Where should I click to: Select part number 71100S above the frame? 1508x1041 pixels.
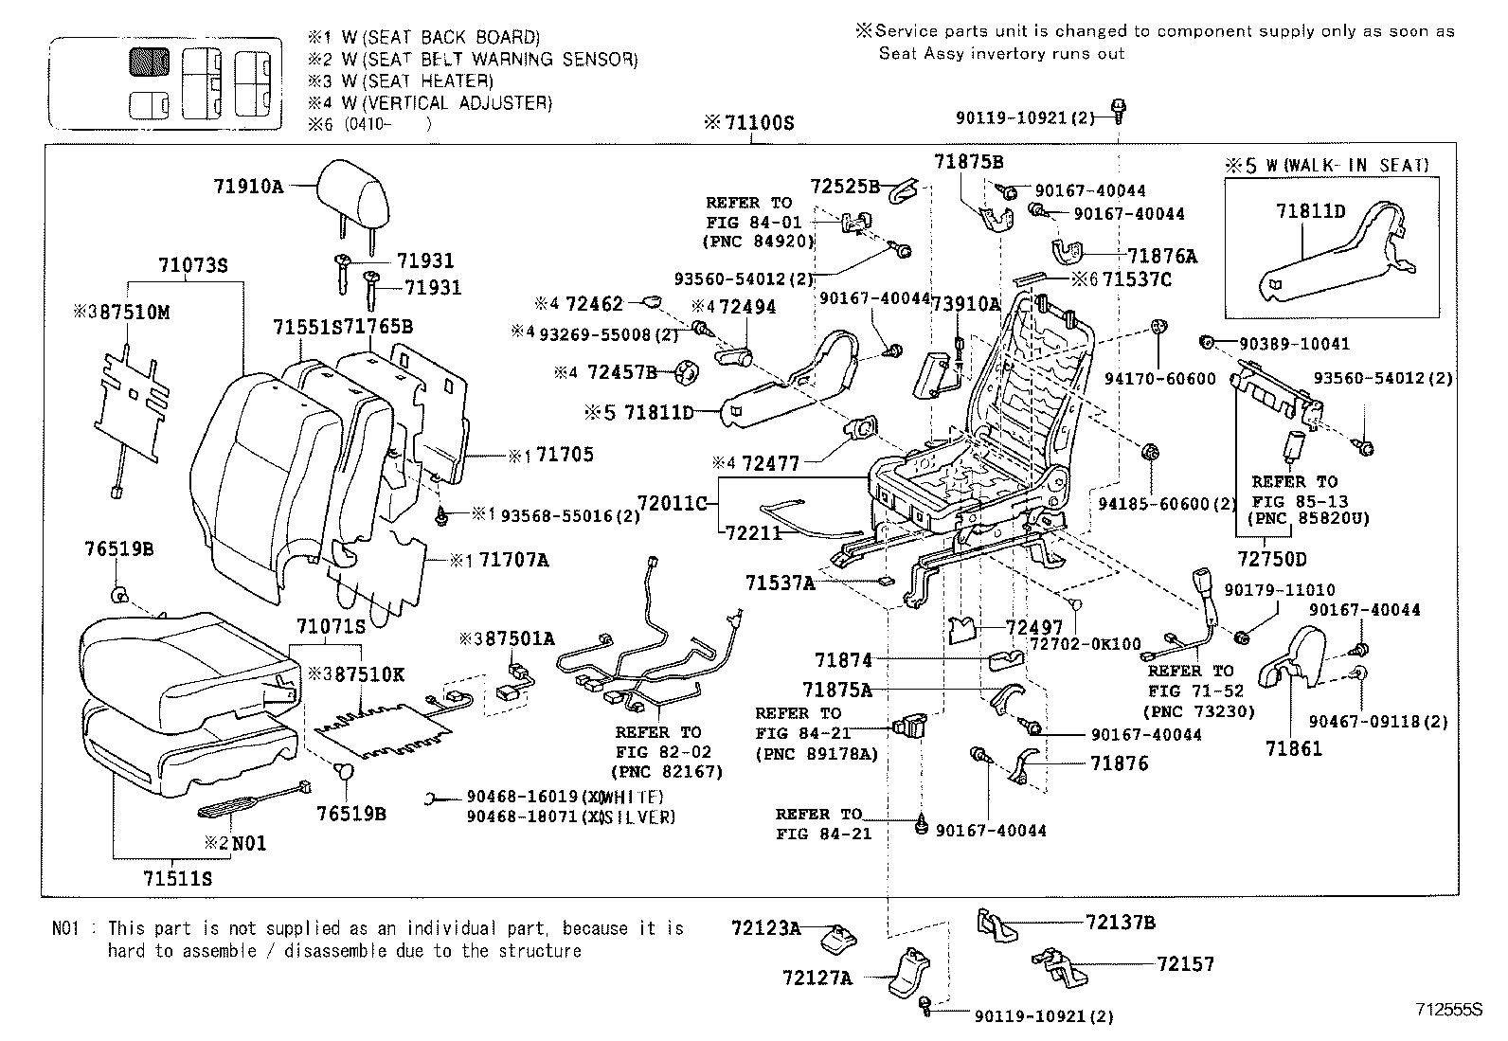click(759, 123)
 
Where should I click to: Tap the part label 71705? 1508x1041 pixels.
click(565, 455)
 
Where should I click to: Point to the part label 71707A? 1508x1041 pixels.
click(513, 560)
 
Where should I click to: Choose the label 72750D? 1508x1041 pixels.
click(1271, 559)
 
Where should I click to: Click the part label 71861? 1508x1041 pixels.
click(1293, 748)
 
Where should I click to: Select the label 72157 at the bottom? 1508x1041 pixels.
click(1184, 964)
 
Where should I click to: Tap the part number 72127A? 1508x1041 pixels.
click(817, 978)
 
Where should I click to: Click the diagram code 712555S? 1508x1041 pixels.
click(1448, 1009)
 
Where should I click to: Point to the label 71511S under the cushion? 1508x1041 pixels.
click(178, 878)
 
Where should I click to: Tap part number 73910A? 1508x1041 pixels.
click(965, 303)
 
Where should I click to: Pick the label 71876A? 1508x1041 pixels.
click(1162, 256)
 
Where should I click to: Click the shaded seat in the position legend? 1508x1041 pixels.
click(149, 62)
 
